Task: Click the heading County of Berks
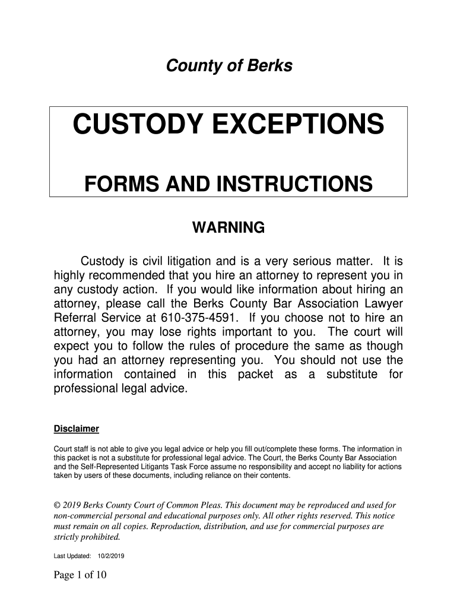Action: (228, 66)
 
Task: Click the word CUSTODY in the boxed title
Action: (141, 125)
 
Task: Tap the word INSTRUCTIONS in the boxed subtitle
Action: (288, 184)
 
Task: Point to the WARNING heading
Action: (228, 227)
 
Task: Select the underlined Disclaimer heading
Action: (76, 429)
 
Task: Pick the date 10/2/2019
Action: (108, 556)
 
